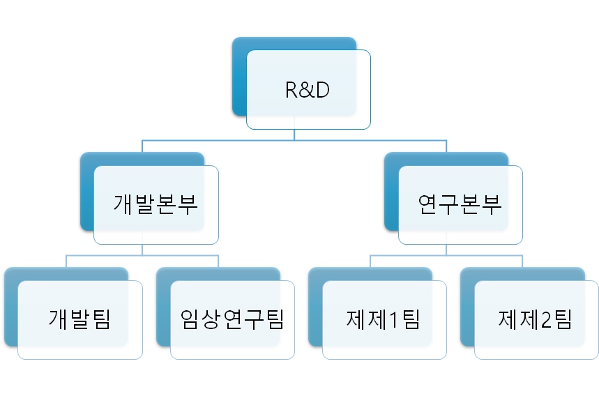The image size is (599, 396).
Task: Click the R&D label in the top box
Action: coord(308,91)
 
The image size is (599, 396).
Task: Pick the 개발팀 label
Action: coord(79,319)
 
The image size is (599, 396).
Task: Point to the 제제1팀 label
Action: coord(384,319)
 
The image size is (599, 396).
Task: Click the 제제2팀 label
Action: coord(536,319)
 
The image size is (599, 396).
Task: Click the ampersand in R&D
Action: coord(308,91)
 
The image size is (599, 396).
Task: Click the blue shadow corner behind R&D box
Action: coord(238,105)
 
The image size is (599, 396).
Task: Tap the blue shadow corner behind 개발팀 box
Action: coord(10,338)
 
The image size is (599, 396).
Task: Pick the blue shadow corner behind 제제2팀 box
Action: coord(467,338)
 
